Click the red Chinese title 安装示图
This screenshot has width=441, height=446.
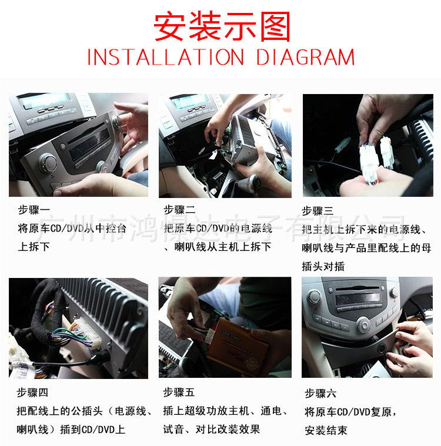click(x=222, y=27)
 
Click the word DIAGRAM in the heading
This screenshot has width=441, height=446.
click(x=306, y=58)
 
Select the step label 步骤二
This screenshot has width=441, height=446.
click(x=179, y=210)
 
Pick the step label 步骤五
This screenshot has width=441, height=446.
click(x=179, y=393)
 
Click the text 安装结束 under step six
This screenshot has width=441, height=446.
click(x=326, y=430)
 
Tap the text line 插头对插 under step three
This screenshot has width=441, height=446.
click(x=323, y=266)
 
